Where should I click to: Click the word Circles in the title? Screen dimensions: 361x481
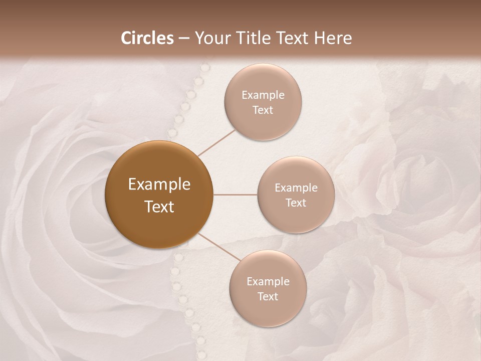(x=147, y=38)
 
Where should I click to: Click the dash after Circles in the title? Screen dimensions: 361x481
(x=184, y=39)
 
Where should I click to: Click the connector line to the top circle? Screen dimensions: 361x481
(x=217, y=142)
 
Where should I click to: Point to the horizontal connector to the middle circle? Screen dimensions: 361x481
(x=235, y=195)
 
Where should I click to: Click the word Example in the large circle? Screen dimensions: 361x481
(x=159, y=185)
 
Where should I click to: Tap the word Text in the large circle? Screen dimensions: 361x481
(x=159, y=207)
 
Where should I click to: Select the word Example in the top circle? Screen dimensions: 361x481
(x=263, y=95)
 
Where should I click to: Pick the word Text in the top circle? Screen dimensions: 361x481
(x=263, y=110)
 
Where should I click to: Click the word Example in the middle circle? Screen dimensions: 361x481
(x=296, y=188)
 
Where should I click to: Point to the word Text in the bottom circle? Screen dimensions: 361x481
(x=268, y=296)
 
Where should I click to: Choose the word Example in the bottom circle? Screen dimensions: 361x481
(x=268, y=282)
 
